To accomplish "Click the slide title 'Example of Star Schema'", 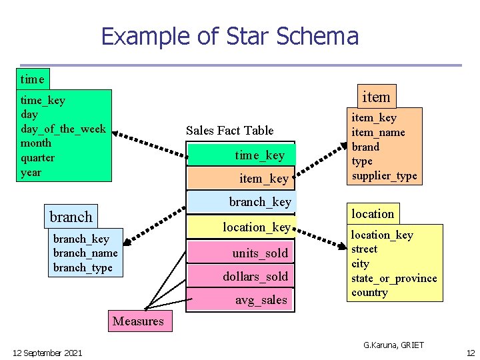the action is click(229, 36).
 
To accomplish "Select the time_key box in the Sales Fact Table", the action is click(241, 155).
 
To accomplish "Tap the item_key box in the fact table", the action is click(241, 178).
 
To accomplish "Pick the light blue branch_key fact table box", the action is click(241, 202).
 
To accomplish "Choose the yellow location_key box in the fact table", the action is click(241, 227).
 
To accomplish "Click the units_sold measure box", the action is click(241, 253).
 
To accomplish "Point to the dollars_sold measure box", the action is click(241, 276).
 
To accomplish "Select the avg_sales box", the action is click(241, 300).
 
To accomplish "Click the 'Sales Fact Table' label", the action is click(229, 130).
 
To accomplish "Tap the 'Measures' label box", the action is click(138, 321).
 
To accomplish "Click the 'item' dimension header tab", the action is click(375, 97).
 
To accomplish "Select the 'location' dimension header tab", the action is click(373, 213).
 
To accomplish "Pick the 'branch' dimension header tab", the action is click(71, 217).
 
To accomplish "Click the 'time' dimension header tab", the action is click(32, 79).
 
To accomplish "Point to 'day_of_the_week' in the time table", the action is click(63, 129).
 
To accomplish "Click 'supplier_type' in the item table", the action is click(385, 176).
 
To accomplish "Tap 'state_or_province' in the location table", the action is click(394, 278).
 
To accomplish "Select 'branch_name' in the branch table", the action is click(85, 253).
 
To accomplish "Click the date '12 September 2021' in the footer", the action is click(47, 352).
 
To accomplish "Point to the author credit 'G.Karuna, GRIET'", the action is click(393, 345).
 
